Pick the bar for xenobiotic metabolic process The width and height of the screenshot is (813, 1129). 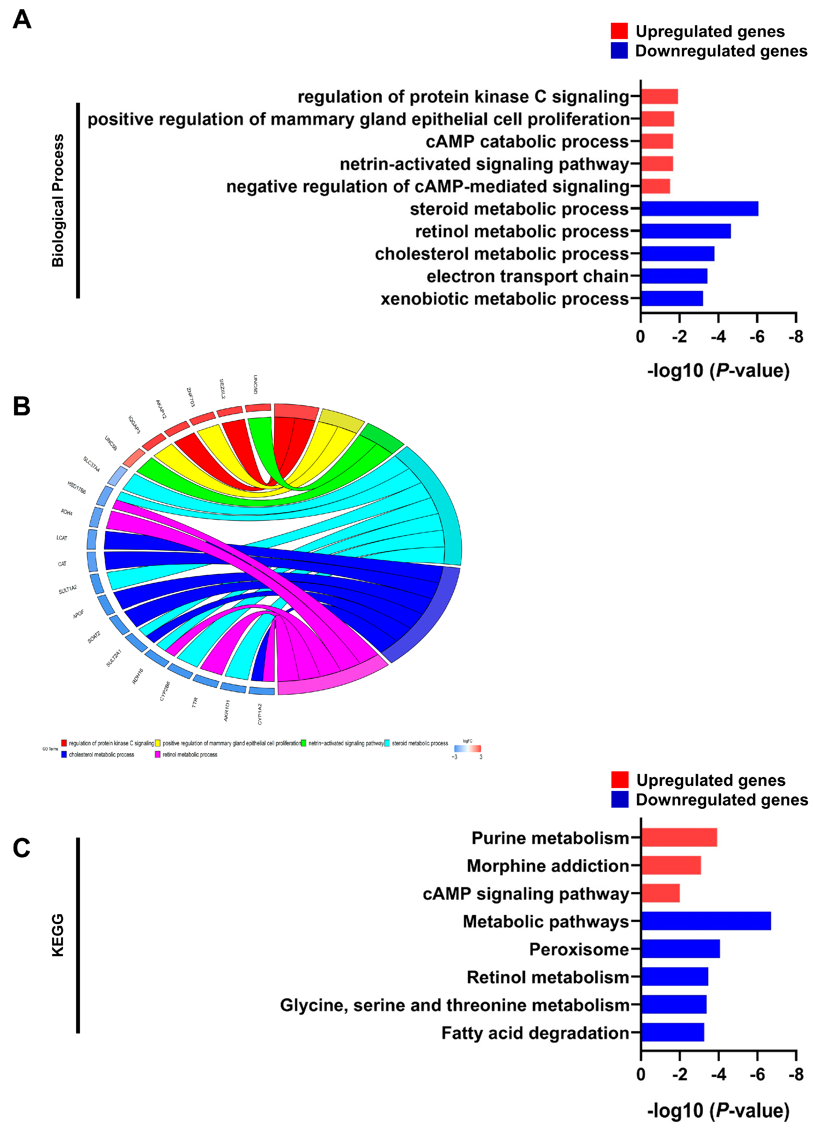coord(672,299)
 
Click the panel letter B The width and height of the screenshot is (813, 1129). coord(21,406)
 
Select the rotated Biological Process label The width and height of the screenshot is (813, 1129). coord(58,201)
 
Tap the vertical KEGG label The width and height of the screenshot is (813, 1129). coord(58,935)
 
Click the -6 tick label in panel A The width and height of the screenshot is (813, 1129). coord(757,337)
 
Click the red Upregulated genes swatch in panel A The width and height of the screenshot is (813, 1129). coord(619,31)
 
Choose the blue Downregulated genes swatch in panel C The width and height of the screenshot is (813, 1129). coord(620,799)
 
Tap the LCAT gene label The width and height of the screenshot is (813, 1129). coord(62,538)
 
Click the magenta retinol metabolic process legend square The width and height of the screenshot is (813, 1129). coord(157,755)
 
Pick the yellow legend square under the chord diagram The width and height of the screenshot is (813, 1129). coord(157,743)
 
